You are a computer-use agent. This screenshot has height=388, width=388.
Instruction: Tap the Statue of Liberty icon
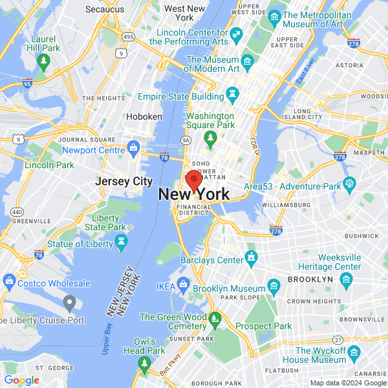coord(120,242)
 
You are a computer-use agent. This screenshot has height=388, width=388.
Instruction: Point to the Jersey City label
coord(124,181)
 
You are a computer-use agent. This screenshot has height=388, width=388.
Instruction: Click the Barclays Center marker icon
coord(251,260)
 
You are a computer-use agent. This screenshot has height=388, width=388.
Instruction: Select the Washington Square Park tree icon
coord(210,137)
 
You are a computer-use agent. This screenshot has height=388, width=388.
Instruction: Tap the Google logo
coord(22,380)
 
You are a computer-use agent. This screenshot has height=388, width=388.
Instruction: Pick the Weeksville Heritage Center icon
coord(345,279)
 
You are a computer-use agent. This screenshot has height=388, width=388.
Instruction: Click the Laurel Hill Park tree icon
coord(44,62)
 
